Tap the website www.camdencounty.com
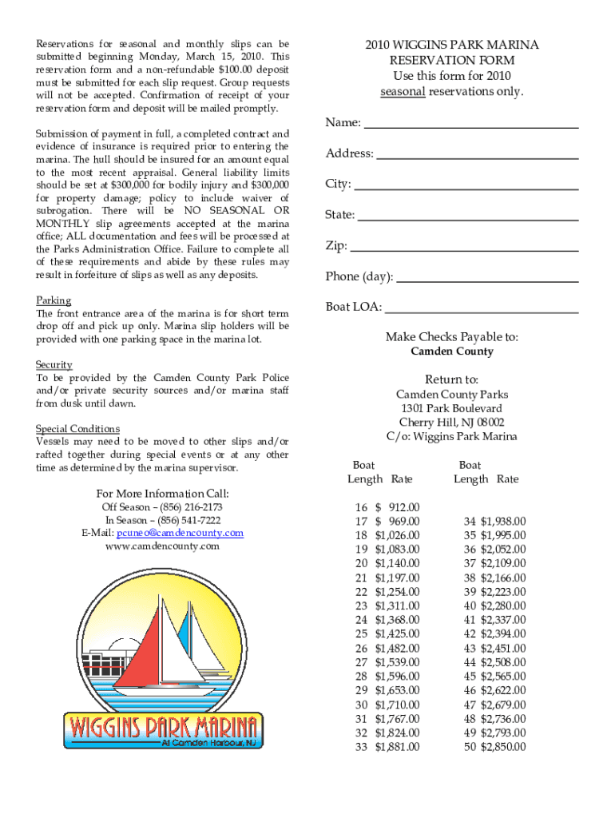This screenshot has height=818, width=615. (162, 546)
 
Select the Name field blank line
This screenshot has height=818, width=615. (470, 125)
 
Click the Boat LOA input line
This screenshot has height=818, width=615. (482, 308)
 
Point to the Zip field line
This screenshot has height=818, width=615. (464, 247)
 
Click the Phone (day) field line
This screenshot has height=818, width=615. (487, 278)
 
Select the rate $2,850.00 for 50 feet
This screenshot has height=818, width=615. (503, 747)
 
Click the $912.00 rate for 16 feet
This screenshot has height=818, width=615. (397, 507)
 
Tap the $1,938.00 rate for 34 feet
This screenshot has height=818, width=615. (503, 522)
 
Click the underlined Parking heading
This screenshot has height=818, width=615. (54, 301)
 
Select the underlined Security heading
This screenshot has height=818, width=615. (54, 365)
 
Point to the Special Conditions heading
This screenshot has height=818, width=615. (78, 429)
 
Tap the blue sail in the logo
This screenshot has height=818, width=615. (183, 631)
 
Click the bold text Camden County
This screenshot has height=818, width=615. (452, 351)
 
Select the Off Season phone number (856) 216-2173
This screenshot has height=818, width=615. (189, 507)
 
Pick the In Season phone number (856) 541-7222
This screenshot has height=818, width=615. (188, 520)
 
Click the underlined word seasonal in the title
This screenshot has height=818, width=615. (403, 92)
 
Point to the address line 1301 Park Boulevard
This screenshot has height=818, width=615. (452, 408)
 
